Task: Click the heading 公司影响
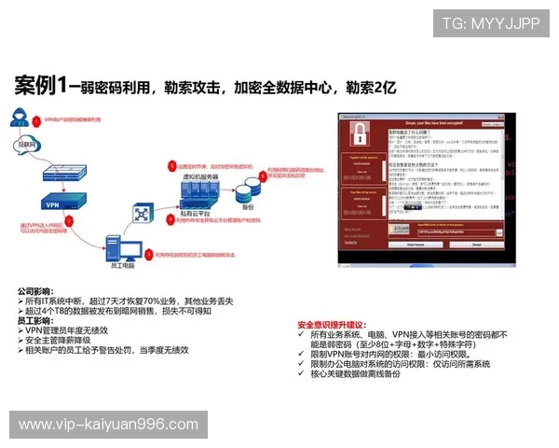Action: (x=40, y=289)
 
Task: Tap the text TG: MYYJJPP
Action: (x=490, y=23)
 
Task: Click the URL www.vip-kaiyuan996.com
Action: (x=108, y=425)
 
